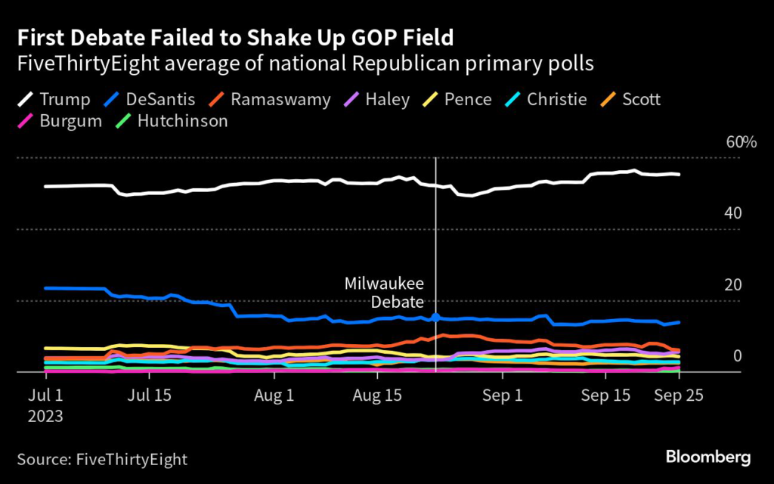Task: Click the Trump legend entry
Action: [53, 99]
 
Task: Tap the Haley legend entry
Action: [375, 99]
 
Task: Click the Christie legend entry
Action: [544, 99]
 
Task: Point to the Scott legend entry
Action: [630, 99]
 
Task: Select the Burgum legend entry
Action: [59, 121]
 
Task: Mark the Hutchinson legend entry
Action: [170, 121]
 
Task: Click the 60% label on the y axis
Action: [741, 143]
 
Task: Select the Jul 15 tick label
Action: [149, 395]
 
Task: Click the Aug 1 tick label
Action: [274, 395]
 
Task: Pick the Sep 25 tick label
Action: [679, 395]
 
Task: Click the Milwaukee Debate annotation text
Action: [384, 293]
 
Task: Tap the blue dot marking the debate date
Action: [435, 318]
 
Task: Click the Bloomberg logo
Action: [707, 457]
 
